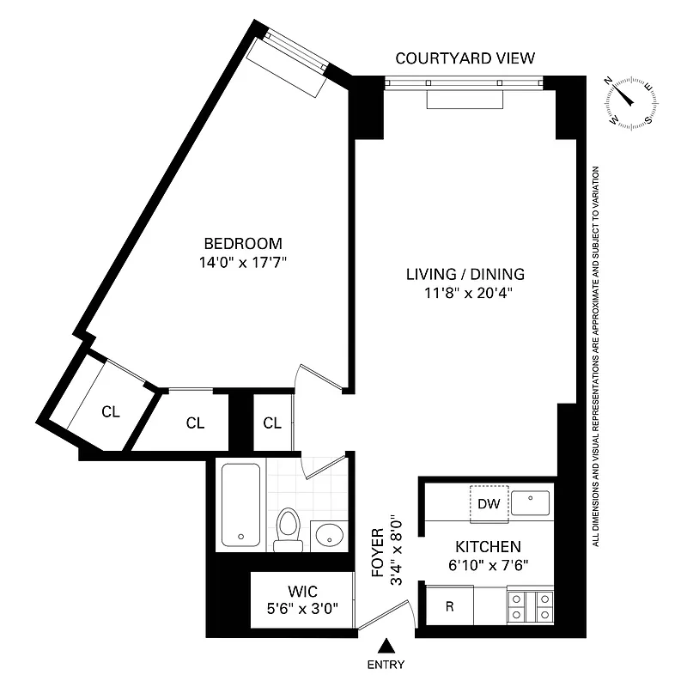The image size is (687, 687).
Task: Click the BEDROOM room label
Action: coord(242,243)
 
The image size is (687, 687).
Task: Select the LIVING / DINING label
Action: coord(465,275)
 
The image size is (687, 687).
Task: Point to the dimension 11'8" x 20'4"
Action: coord(465,294)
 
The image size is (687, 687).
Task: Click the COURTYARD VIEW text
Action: coord(465,58)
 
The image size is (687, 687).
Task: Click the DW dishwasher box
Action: coord(489,504)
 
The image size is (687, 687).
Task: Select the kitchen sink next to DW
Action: coord(532,504)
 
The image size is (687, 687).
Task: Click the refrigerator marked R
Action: coord(449,605)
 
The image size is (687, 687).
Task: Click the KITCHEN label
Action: coord(488,546)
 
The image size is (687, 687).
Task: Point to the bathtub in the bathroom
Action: coord(241,504)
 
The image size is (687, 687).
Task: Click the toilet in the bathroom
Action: coord(287,526)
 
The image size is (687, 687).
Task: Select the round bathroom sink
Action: coord(328,536)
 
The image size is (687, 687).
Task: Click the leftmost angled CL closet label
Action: coord(110,411)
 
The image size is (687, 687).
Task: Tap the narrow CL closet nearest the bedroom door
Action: coord(272,423)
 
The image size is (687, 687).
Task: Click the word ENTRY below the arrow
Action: coord(386,665)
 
